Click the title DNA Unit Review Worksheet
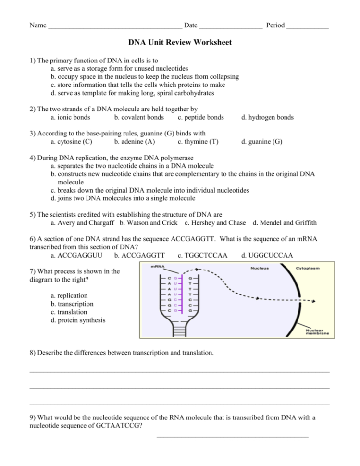click(180, 43)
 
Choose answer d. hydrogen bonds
click(267, 117)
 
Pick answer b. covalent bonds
click(139, 117)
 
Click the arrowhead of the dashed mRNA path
click(313, 302)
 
